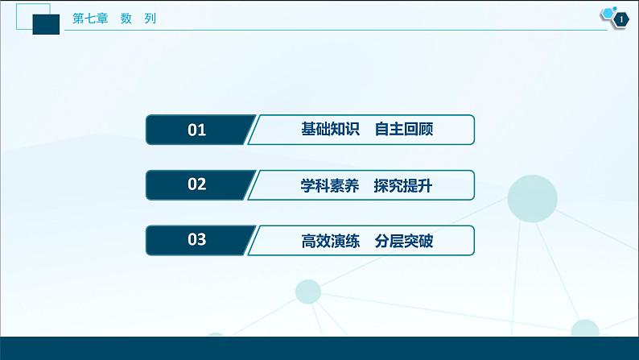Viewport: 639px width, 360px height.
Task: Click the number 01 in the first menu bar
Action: pos(196,130)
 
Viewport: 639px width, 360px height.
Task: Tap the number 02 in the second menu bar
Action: pos(196,184)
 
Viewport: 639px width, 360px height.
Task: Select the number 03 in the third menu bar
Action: pos(196,239)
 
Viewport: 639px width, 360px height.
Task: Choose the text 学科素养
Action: pos(321,184)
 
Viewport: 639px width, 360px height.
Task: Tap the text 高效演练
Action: pos(321,239)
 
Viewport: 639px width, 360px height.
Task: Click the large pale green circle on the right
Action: pos(533,198)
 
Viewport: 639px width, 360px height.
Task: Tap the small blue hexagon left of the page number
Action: pos(607,14)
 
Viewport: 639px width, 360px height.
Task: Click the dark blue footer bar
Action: pos(319,348)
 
